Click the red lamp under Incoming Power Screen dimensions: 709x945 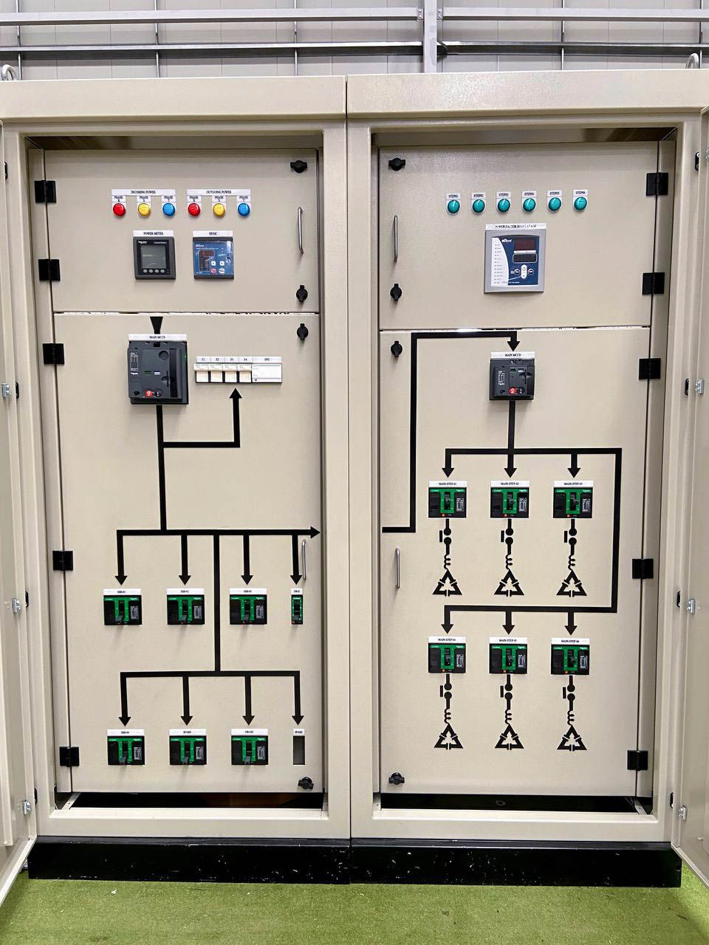pos(119,209)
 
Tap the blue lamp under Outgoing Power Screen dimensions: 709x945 pos(244,209)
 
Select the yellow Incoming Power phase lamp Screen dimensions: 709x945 pos(144,209)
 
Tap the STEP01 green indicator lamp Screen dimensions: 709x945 pos(453,206)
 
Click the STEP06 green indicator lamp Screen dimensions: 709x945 pos(580,203)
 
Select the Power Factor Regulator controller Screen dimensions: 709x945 pos(517,260)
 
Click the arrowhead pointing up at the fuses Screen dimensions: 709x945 pos(236,395)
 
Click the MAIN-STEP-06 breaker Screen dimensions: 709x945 pos(569,656)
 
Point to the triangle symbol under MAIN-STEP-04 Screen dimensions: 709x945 pos(448,737)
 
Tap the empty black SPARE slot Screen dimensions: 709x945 pos(298,749)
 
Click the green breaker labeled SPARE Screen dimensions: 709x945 pos(187,749)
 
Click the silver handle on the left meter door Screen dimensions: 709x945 pos(300,231)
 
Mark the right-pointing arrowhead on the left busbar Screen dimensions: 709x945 pos(315,532)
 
